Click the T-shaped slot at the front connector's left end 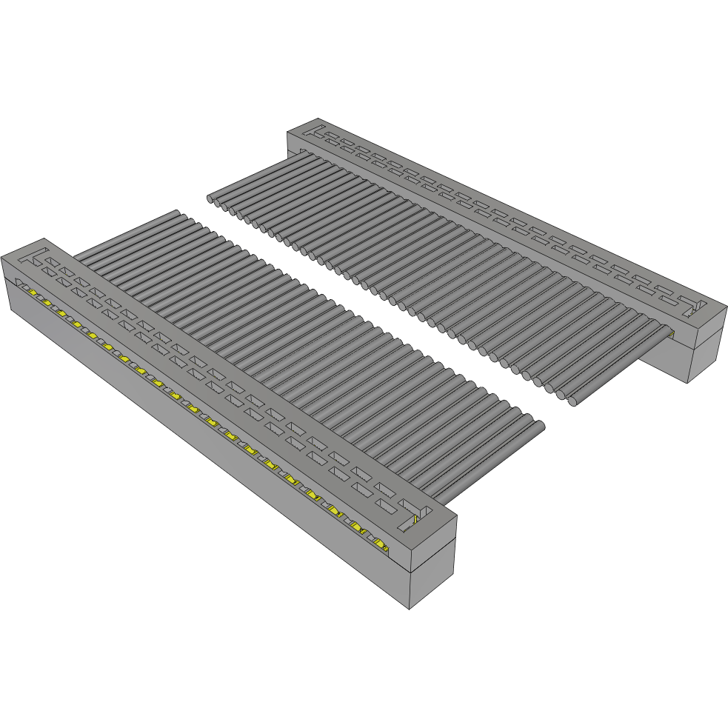click(x=33, y=258)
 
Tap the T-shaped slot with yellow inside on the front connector click(x=412, y=519)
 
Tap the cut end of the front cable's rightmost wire click(x=539, y=425)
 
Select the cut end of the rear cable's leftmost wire click(x=210, y=198)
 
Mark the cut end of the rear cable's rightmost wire click(x=574, y=401)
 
